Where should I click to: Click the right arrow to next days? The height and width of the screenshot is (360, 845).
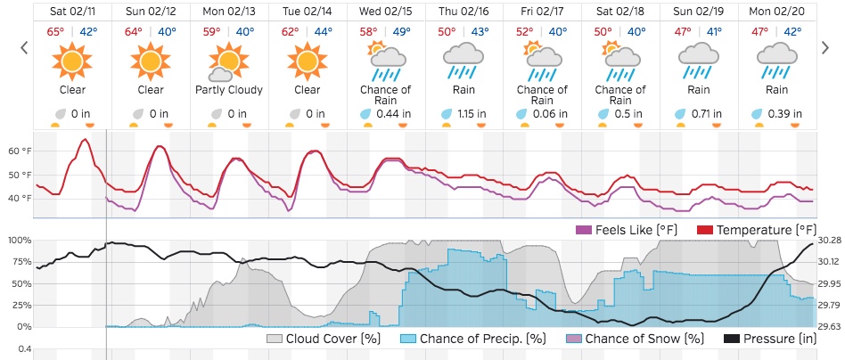[825, 47]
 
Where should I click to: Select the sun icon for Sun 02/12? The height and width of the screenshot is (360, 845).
[151, 61]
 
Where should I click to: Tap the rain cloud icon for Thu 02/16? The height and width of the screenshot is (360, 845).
[463, 61]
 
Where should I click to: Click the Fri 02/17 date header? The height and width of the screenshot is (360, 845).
[542, 11]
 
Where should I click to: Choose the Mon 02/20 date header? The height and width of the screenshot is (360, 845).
[776, 11]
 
